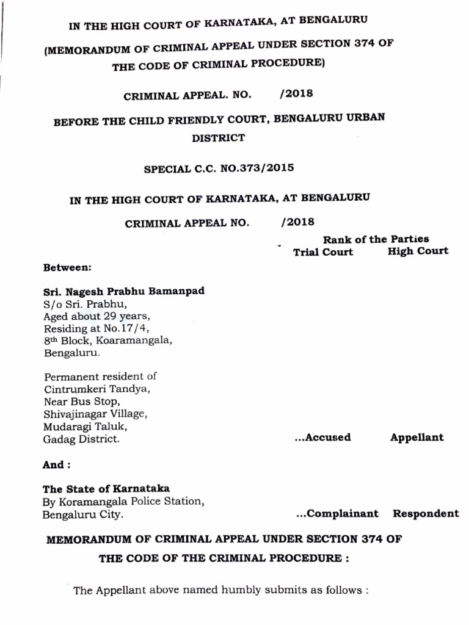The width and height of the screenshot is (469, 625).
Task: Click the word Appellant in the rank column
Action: (x=416, y=437)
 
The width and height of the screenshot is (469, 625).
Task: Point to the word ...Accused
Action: (x=322, y=437)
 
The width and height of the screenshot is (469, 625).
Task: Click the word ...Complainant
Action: (x=336, y=513)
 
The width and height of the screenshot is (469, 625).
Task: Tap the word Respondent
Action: (x=425, y=513)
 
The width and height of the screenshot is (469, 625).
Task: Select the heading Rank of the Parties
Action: (x=376, y=239)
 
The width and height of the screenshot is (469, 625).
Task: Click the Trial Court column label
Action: (x=322, y=252)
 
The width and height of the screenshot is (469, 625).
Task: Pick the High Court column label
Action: (x=418, y=251)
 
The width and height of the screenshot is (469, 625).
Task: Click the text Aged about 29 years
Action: (x=96, y=316)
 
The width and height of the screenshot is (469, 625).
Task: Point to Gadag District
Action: (x=81, y=439)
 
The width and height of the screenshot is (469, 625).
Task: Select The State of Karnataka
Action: (x=106, y=489)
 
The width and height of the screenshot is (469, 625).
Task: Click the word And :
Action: (x=56, y=465)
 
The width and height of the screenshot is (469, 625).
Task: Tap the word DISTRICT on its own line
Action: (x=218, y=138)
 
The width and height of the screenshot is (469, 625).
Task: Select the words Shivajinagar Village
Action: (x=95, y=414)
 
